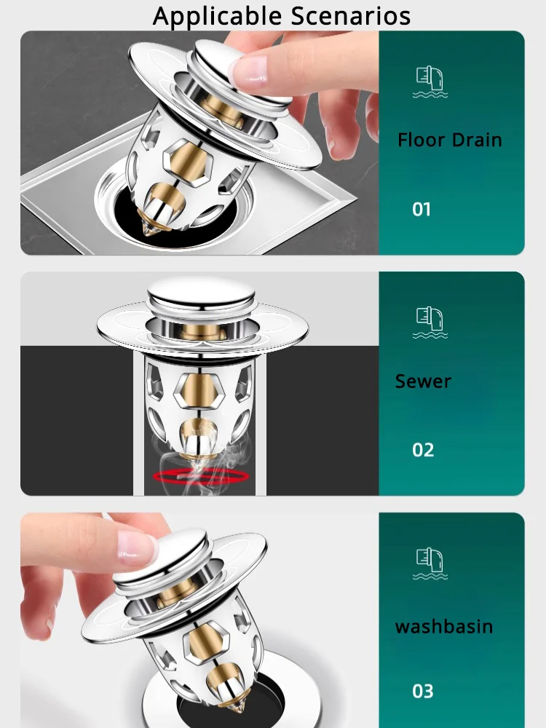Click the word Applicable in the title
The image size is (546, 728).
pyautogui.click(x=217, y=17)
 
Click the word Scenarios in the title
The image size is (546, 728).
pyautogui.click(x=351, y=15)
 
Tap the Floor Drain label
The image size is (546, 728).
pyautogui.click(x=449, y=140)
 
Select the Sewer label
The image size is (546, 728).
pyautogui.click(x=423, y=381)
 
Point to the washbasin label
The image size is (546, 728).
pyautogui.click(x=444, y=626)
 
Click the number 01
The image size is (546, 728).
pyautogui.click(x=422, y=210)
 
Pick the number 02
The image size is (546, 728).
pyautogui.click(x=423, y=450)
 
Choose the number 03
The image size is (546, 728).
pyautogui.click(x=422, y=691)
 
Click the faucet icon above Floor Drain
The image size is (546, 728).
pyautogui.click(x=430, y=82)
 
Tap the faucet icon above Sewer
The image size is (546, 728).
pyautogui.click(x=430, y=323)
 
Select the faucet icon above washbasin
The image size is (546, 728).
pyautogui.click(x=430, y=563)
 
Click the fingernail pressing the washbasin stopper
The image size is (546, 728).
pyautogui.click(x=137, y=544)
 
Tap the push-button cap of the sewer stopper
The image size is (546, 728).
pyautogui.click(x=201, y=292)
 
